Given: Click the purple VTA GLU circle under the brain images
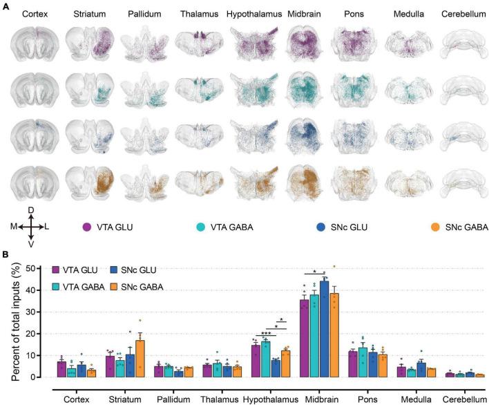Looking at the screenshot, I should coord(87,227).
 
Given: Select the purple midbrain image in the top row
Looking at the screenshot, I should coord(301,46).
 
